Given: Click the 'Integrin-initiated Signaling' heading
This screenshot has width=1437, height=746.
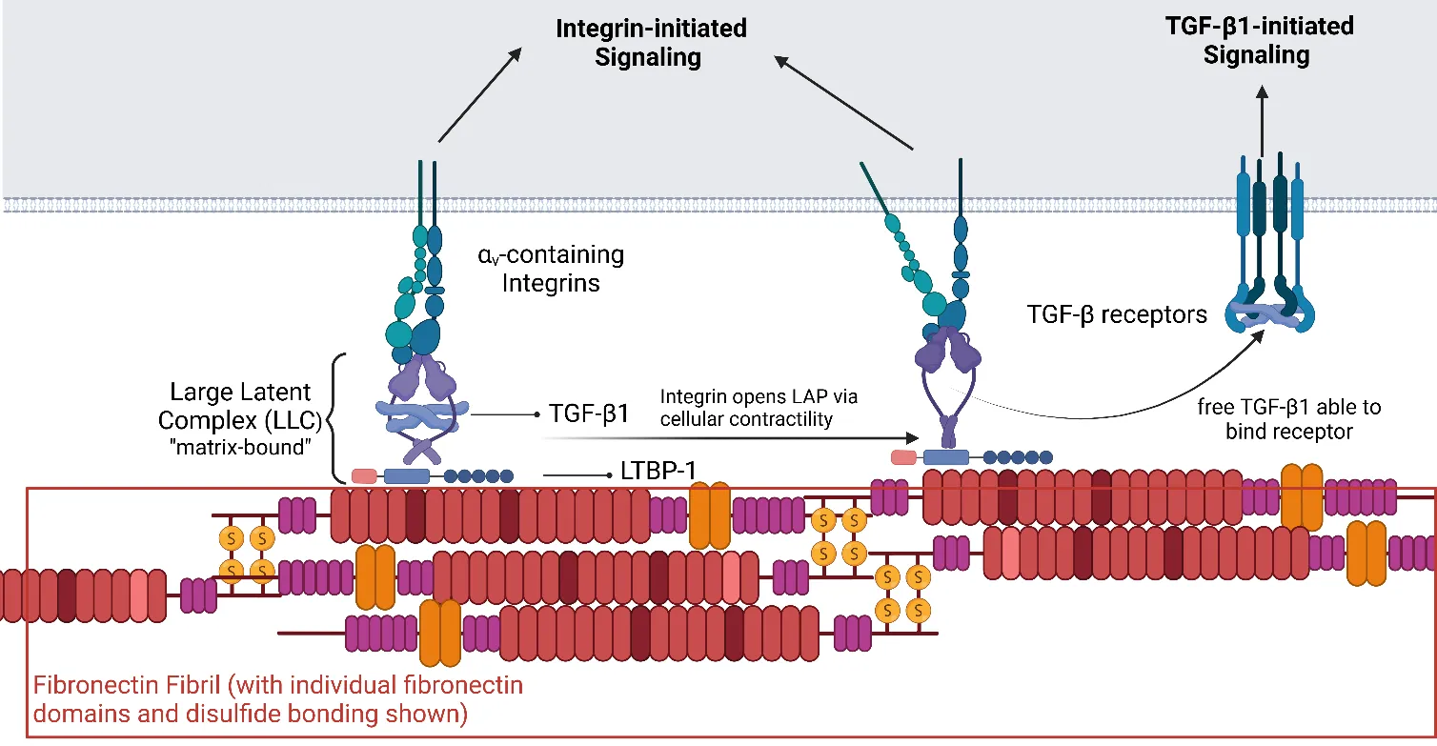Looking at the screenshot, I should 651,43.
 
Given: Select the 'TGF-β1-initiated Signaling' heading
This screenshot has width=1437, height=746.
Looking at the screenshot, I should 1259,41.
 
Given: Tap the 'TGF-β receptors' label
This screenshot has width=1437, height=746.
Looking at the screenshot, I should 1116,313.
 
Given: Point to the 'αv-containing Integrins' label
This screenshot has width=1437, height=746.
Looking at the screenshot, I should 551,269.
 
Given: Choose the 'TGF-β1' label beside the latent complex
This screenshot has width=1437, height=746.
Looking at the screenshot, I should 590,414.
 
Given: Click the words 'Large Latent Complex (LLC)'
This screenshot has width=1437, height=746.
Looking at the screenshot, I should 240,406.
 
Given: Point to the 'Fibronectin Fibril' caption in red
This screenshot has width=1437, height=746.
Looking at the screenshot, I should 277,698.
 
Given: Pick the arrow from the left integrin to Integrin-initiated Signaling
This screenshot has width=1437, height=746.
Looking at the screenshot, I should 479,95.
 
